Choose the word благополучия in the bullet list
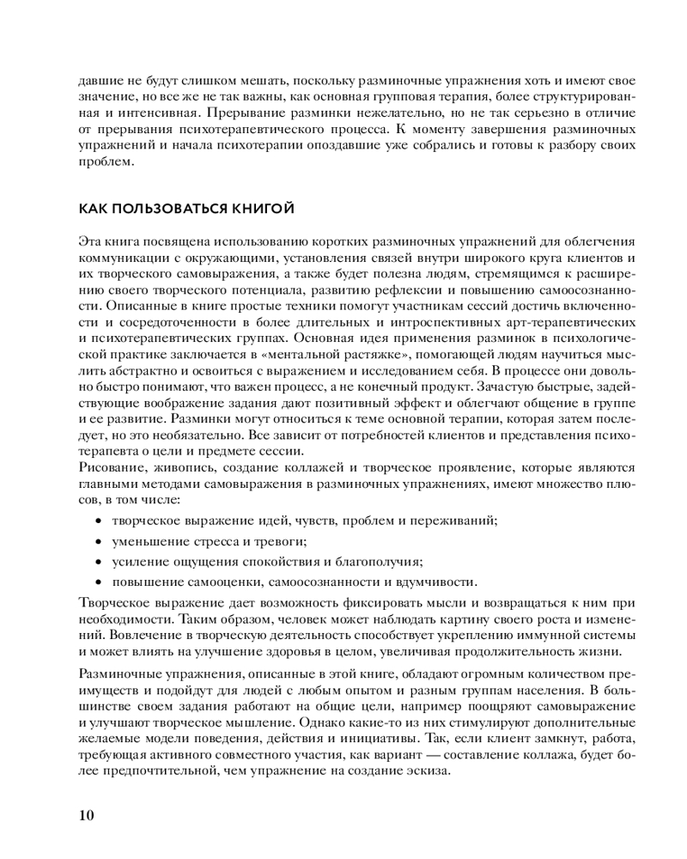pyautogui.click(x=380, y=562)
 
